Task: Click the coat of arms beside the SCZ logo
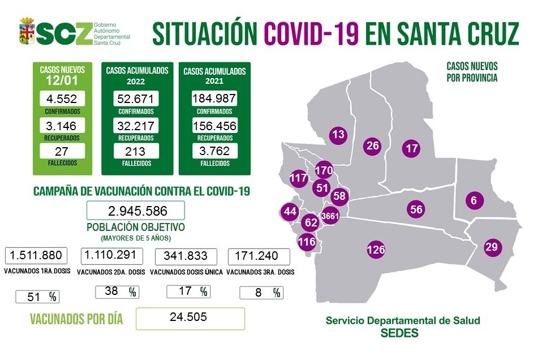27,32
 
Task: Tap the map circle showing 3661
330,216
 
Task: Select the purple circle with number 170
323,170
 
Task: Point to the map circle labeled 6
474,200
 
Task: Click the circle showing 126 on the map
376,249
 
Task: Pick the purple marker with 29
492,247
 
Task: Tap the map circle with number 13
338,135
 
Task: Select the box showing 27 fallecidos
62,151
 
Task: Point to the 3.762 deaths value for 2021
214,151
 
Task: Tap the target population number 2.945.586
136,211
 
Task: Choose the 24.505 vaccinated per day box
190,318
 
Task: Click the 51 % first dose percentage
37,297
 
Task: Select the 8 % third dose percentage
261,293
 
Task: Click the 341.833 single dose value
185,256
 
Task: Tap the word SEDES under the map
402,333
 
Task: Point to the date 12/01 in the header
62,82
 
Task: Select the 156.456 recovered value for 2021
214,126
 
